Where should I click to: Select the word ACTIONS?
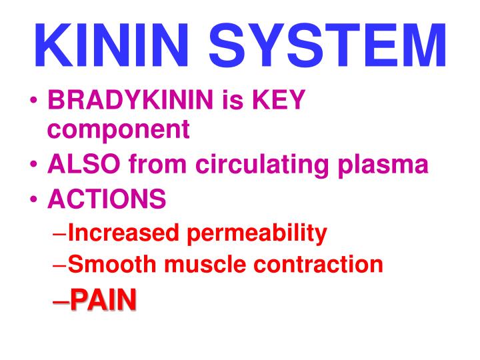tap(107, 198)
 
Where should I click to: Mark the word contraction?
tap(319, 265)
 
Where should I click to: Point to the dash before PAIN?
tap(60, 301)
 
